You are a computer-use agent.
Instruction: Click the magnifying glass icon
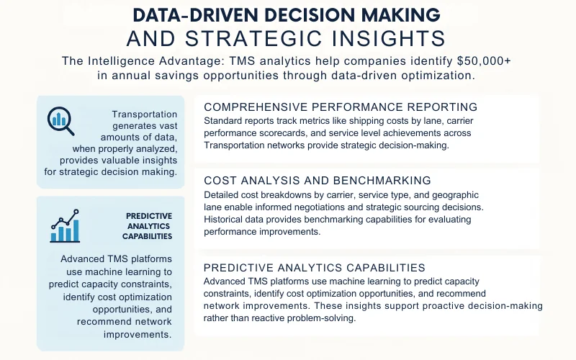pyautogui.click(x=61, y=120)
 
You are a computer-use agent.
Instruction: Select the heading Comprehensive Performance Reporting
pyautogui.click(x=341, y=107)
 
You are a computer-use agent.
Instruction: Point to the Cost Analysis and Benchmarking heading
pyautogui.click(x=318, y=180)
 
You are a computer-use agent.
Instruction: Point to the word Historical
pyautogui.click(x=229, y=219)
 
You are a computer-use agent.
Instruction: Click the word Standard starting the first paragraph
pyautogui.click(x=225, y=120)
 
